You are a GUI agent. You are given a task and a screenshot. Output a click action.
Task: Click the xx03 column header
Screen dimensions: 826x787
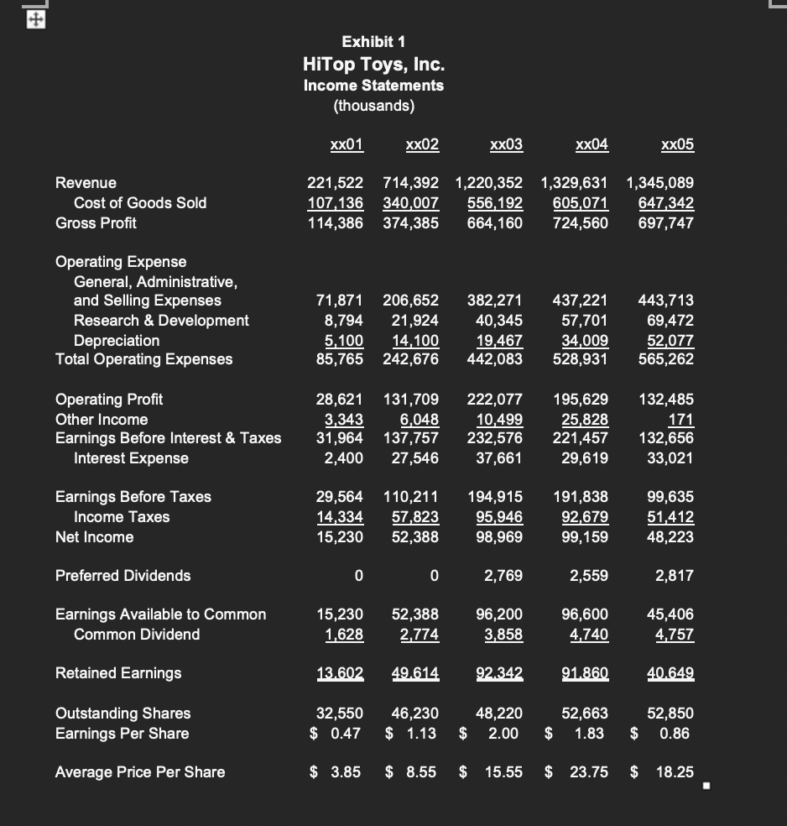506,144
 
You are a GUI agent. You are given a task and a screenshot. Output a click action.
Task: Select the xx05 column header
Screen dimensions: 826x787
677,144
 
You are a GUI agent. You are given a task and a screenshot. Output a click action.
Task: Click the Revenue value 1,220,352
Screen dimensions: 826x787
488,182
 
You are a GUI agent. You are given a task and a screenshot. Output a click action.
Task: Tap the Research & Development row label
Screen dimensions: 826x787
161,320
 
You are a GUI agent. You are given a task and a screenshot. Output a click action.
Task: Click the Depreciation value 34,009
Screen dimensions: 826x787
581,340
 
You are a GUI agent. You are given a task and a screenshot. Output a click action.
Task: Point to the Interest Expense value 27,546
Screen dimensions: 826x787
414,457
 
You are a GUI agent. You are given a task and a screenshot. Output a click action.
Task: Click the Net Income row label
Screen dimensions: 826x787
94,536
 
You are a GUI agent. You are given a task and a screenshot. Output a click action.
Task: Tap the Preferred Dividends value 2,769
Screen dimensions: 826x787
504,575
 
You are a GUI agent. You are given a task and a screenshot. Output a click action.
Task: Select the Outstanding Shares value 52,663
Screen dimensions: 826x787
585,713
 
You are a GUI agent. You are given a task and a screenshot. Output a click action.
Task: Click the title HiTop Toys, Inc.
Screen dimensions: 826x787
373,64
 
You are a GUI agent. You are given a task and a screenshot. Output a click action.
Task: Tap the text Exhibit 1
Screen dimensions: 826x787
373,41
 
